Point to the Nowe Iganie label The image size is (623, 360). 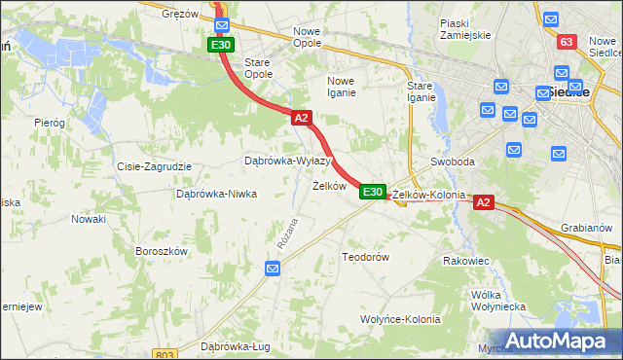(x=348, y=88)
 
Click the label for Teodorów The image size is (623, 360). (x=365, y=257)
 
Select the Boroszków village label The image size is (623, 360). (x=161, y=251)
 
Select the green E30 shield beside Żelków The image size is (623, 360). (x=372, y=192)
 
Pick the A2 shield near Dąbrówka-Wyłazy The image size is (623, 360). (x=301, y=118)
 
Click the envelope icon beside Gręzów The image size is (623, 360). (x=222, y=24)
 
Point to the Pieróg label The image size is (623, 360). (x=49, y=124)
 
